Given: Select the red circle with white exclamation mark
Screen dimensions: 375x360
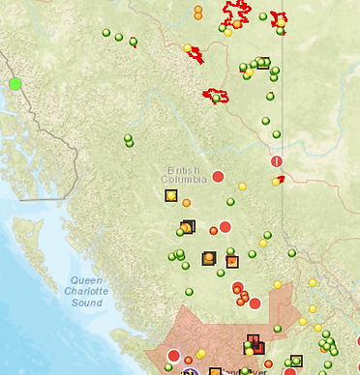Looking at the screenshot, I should pyautogui.click(x=277, y=161).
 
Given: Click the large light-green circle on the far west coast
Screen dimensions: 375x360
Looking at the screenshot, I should pyautogui.click(x=15, y=84).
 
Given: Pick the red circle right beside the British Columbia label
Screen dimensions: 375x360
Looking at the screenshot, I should pyautogui.click(x=218, y=176).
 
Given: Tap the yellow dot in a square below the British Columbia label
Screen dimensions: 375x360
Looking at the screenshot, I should pyautogui.click(x=171, y=195).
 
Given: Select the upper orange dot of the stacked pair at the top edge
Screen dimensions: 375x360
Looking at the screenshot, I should pyautogui.click(x=198, y=9).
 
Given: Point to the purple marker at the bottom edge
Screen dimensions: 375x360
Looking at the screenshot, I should pyautogui.click(x=191, y=371).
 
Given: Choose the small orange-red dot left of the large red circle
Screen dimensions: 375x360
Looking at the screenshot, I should pyautogui.click(x=213, y=230).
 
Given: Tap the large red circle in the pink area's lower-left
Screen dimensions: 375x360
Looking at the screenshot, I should pyautogui.click(x=174, y=356).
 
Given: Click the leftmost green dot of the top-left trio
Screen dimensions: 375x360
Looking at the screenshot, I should pyautogui.click(x=106, y=33).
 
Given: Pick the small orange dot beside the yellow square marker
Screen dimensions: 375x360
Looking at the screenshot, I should pyautogui.click(x=186, y=202).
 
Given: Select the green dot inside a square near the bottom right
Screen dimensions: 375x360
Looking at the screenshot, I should pyautogui.click(x=296, y=361).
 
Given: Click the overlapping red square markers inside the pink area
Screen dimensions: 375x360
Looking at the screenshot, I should pyautogui.click(x=255, y=340).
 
